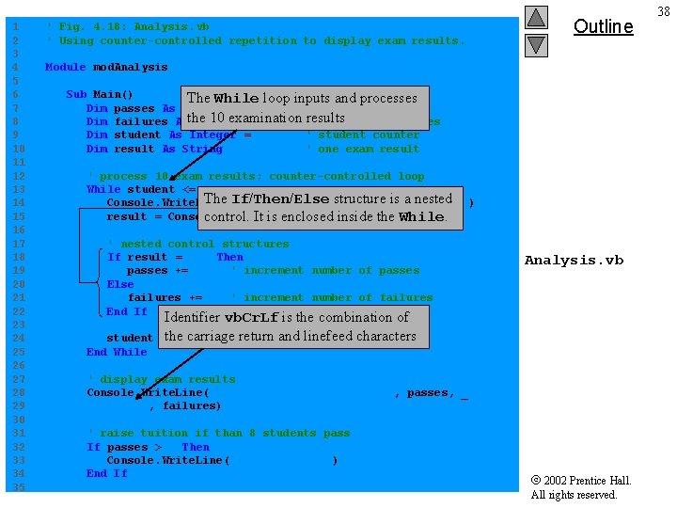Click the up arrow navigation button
536,17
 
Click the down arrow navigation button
536,44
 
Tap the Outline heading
603,26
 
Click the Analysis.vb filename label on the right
574,261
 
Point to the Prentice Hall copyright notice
580,487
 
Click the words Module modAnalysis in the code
106,68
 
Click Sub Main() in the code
100,94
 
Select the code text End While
117,352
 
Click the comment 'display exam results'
161,379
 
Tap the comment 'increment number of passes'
325,271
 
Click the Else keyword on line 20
120,284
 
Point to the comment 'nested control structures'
198,244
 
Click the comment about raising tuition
218,434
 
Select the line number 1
13,26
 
